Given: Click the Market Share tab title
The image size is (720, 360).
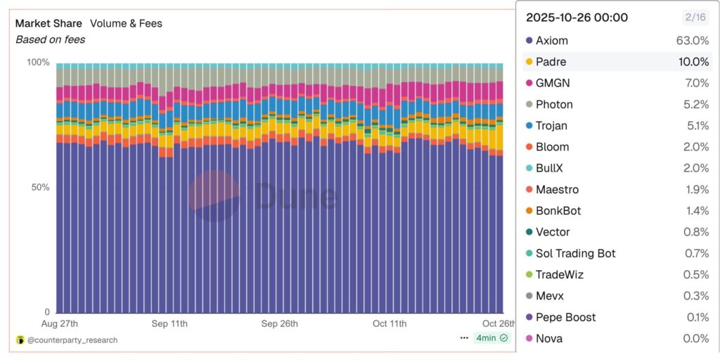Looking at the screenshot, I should click(x=49, y=23).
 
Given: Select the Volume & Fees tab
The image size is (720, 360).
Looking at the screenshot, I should click(x=126, y=23).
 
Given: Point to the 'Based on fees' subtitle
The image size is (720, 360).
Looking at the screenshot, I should click(x=51, y=39).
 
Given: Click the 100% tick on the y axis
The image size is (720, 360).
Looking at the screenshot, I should click(x=38, y=63).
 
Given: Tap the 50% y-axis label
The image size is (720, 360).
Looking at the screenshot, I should click(x=41, y=188).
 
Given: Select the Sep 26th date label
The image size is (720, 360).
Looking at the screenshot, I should click(x=279, y=323).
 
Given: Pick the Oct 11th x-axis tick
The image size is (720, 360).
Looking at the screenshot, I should click(x=390, y=323).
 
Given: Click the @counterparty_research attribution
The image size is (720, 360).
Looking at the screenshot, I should click(x=72, y=340).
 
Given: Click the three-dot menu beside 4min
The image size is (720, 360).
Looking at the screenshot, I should click(x=464, y=337).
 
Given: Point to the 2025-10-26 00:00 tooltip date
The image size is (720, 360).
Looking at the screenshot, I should click(x=577, y=18).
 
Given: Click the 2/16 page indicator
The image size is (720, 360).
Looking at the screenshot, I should click(x=696, y=18).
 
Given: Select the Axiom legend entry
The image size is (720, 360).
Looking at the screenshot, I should click(x=552, y=41).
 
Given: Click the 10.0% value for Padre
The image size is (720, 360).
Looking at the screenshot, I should click(x=693, y=62).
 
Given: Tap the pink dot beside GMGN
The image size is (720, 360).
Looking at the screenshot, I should click(x=529, y=83).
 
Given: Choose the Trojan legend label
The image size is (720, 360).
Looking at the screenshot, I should click(x=551, y=126).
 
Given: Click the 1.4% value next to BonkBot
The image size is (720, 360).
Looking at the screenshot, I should click(x=697, y=211).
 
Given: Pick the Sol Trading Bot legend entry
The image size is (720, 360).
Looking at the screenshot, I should click(x=575, y=253).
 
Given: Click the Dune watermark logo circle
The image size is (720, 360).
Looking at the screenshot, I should click(x=214, y=195).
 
